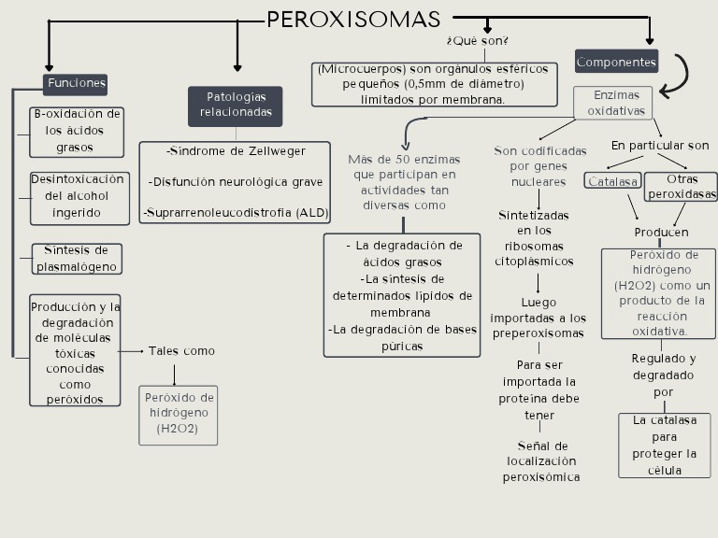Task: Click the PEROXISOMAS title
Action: point(353,20)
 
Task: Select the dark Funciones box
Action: point(76,83)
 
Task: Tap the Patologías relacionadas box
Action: point(236,105)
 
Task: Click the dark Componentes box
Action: point(616,63)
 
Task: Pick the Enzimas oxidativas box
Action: point(616,103)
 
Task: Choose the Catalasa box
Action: point(612,181)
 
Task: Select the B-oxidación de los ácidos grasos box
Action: point(77,131)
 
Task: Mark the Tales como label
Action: point(181,351)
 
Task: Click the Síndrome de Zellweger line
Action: point(236,151)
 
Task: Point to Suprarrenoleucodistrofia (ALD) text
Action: point(236,213)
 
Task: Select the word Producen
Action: point(661,232)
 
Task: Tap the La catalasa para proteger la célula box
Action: point(664,446)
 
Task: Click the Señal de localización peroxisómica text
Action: point(541,461)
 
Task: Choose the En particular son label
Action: point(660,146)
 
